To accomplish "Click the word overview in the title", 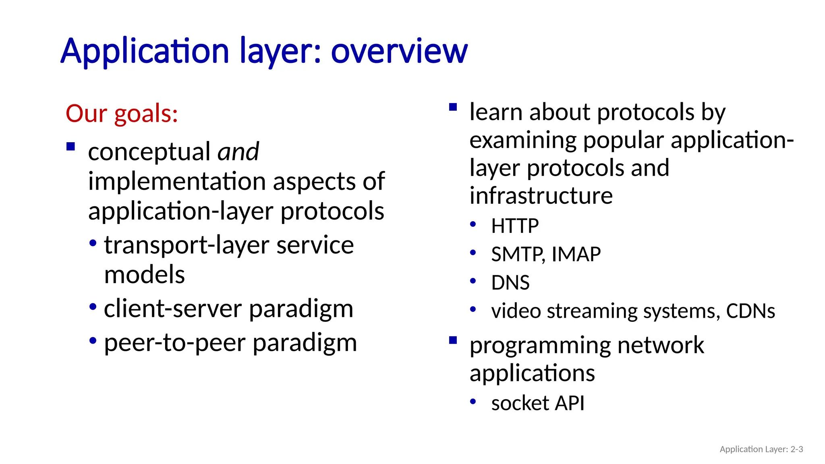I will coord(399,52).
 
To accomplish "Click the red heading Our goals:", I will coord(122,114).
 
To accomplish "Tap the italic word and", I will coord(238,152).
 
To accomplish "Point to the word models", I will coord(144,275).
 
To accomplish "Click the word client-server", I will coord(173,309).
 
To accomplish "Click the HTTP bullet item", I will coord(514,226).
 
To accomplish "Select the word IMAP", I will coord(576,255).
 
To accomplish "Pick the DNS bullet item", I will coord(510,283).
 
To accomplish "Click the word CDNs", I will coord(750,311).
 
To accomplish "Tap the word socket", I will coord(520,403).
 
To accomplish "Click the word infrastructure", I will coord(541,196).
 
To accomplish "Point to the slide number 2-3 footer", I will coord(796,449).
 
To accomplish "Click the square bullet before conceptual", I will coord(71,147).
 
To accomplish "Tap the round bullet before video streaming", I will coord(473,309).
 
